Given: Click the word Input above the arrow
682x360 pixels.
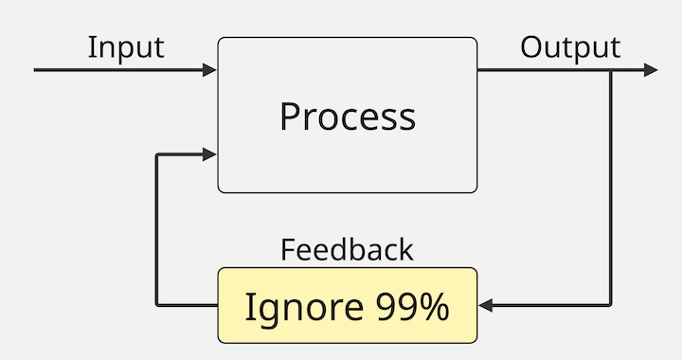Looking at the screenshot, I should pos(126,47).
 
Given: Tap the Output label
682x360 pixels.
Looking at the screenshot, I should pos(570,47).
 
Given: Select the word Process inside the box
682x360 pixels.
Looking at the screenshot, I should pos(348,117).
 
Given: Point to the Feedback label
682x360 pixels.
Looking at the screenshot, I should pos(347,249).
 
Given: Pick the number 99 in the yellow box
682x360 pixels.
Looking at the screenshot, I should pos(395,307).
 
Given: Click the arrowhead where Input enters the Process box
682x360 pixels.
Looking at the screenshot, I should pos(210,70).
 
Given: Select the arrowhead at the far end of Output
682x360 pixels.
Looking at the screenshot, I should pos(651,70).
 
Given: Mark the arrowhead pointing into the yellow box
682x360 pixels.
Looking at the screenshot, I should pos(485,306).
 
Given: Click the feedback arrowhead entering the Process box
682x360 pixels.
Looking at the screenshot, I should pos(210,153).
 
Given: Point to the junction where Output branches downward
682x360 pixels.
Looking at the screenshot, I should pos(611,70).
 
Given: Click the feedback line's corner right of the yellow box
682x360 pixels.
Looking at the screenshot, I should pos(611,306).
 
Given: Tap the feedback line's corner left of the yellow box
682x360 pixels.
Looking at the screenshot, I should pos(157,306).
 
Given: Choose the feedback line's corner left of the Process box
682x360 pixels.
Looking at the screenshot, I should pos(157,153).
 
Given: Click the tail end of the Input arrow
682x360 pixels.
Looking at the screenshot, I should pos(35,70).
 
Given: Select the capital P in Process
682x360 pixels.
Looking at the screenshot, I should pos(289,117).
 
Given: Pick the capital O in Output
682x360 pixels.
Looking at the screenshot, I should pos(531,47).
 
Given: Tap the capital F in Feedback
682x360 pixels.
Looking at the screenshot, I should pos(287,249).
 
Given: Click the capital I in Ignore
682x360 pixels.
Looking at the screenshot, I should pos(249,307).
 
